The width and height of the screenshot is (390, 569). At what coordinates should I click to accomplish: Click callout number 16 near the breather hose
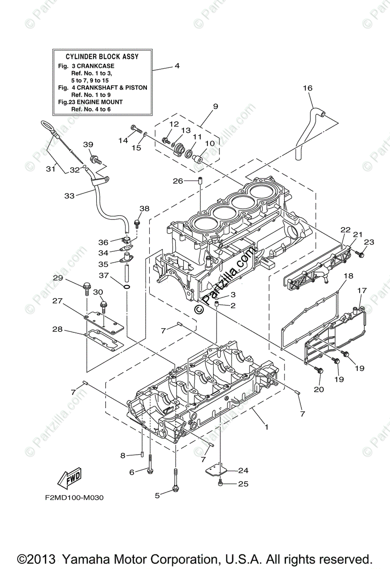[308, 88]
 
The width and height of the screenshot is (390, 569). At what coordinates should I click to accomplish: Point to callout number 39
[89, 145]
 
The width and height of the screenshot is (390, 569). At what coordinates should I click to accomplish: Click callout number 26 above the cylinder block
[178, 181]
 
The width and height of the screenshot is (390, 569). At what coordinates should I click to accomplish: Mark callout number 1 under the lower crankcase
[266, 427]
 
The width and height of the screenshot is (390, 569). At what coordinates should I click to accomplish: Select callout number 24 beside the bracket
[243, 470]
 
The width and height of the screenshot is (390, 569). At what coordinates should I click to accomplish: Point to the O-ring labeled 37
[127, 287]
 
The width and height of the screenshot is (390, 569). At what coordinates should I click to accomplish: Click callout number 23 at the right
[369, 242]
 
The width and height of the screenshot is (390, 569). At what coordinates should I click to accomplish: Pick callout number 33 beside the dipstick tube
[69, 195]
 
